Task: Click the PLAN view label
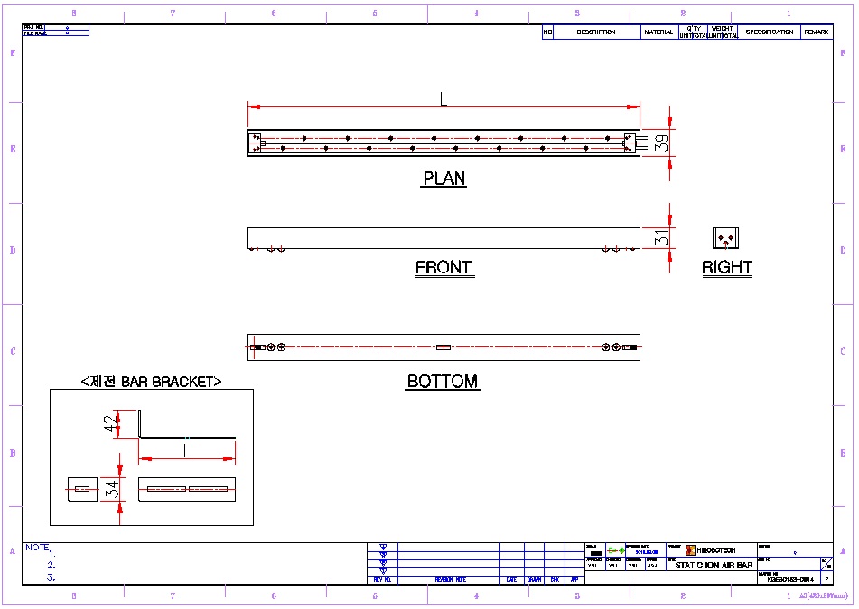click(444, 179)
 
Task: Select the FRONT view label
click(444, 268)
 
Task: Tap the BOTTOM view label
click(443, 382)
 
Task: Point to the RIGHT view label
click(727, 268)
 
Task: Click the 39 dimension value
click(661, 143)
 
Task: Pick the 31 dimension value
click(661, 238)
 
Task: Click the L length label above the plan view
click(444, 100)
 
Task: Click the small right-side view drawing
click(726, 238)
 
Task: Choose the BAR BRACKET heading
click(151, 382)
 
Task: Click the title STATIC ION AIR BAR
click(714, 566)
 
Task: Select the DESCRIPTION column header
click(595, 32)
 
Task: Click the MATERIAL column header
click(658, 32)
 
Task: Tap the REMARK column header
click(817, 32)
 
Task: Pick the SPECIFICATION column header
click(770, 32)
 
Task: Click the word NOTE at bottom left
click(37, 547)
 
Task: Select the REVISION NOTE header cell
click(449, 580)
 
